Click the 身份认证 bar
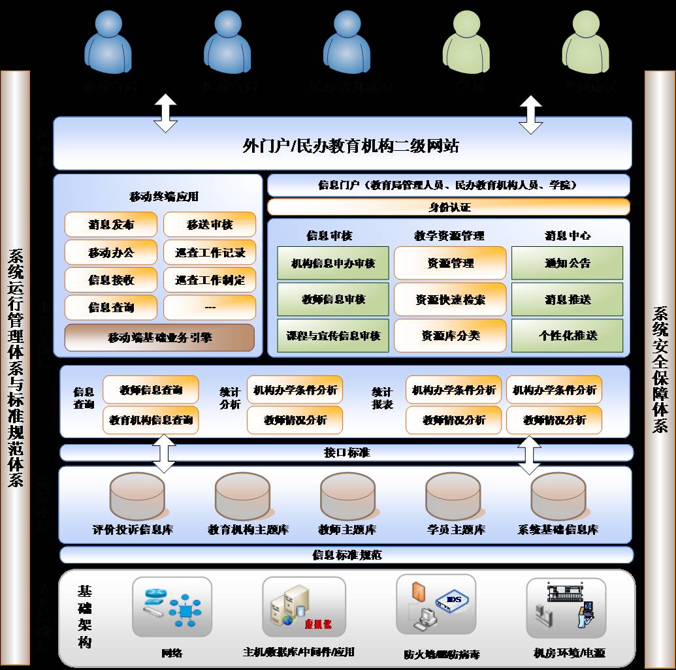[x=449, y=208]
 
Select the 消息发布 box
[x=111, y=225]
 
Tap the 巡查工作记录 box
[x=210, y=253]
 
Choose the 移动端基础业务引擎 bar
[x=159, y=338]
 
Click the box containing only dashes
[x=210, y=308]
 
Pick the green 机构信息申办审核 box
[x=333, y=263]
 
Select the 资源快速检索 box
[x=450, y=300]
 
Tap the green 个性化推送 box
[x=567, y=336]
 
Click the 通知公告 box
[x=567, y=263]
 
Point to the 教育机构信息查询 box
[x=151, y=420]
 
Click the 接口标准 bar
[x=347, y=453]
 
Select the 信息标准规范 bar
[x=347, y=555]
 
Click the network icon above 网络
[x=172, y=607]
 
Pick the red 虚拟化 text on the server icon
[x=317, y=624]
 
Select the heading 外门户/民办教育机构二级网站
[x=350, y=146]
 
